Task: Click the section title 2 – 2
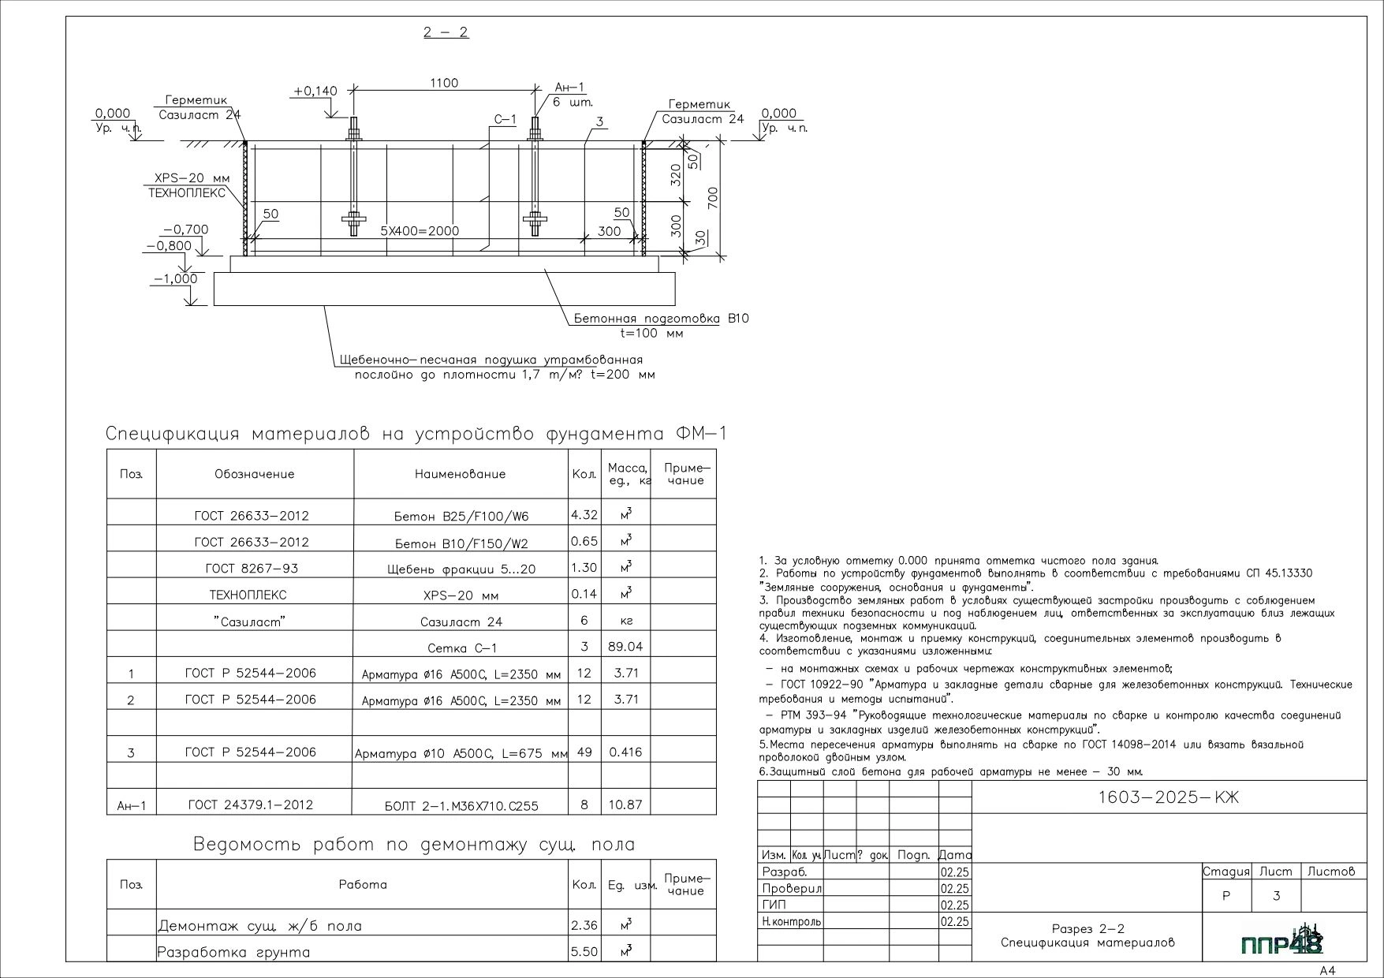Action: coord(446,32)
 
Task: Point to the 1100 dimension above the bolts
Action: coord(444,83)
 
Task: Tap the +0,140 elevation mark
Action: coord(315,91)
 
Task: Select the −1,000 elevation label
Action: coord(176,279)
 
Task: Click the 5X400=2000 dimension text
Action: coord(420,231)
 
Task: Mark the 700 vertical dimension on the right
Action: coord(713,198)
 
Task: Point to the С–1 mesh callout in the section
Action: coord(505,120)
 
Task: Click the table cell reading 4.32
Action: coord(584,515)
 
